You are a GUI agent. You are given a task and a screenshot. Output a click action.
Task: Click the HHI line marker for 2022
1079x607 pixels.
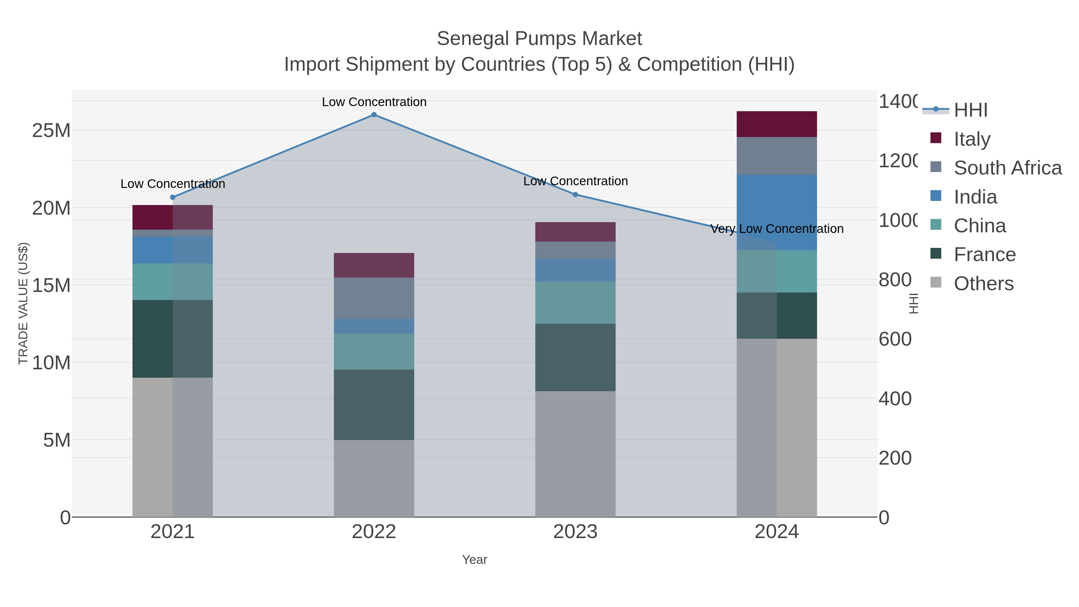[374, 115]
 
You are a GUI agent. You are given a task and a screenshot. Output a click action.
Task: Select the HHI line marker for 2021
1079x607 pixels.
[173, 197]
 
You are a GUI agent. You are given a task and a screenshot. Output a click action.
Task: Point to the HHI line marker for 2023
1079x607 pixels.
[575, 194]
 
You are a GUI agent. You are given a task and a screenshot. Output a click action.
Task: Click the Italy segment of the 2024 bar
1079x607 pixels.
[777, 124]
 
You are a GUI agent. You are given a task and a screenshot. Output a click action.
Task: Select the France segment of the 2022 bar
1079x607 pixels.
[374, 404]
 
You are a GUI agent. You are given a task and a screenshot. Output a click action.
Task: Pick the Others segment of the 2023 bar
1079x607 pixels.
[575, 454]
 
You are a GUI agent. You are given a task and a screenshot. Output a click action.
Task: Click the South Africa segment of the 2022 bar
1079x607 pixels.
[374, 298]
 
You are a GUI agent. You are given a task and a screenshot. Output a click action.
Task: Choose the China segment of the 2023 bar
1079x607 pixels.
[575, 302]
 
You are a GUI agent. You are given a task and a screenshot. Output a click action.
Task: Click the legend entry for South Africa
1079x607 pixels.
[1007, 168]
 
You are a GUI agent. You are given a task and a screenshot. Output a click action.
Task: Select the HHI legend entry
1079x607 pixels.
[971, 110]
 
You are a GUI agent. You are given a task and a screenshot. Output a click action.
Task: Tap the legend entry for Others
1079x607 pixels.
[983, 284]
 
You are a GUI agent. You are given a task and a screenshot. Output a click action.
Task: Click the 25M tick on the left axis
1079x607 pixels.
[51, 131]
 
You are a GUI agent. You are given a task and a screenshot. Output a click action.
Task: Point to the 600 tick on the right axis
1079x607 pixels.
[895, 339]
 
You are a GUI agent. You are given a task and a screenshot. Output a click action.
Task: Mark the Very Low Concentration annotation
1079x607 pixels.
[777, 229]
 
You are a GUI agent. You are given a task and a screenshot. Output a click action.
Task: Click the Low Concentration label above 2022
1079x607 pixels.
[374, 102]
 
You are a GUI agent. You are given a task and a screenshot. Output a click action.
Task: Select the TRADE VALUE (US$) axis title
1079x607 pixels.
[23, 303]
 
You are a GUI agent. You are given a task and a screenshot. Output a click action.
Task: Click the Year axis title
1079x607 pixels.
[474, 560]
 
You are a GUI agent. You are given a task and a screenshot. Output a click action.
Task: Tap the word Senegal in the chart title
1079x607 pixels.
[473, 39]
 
